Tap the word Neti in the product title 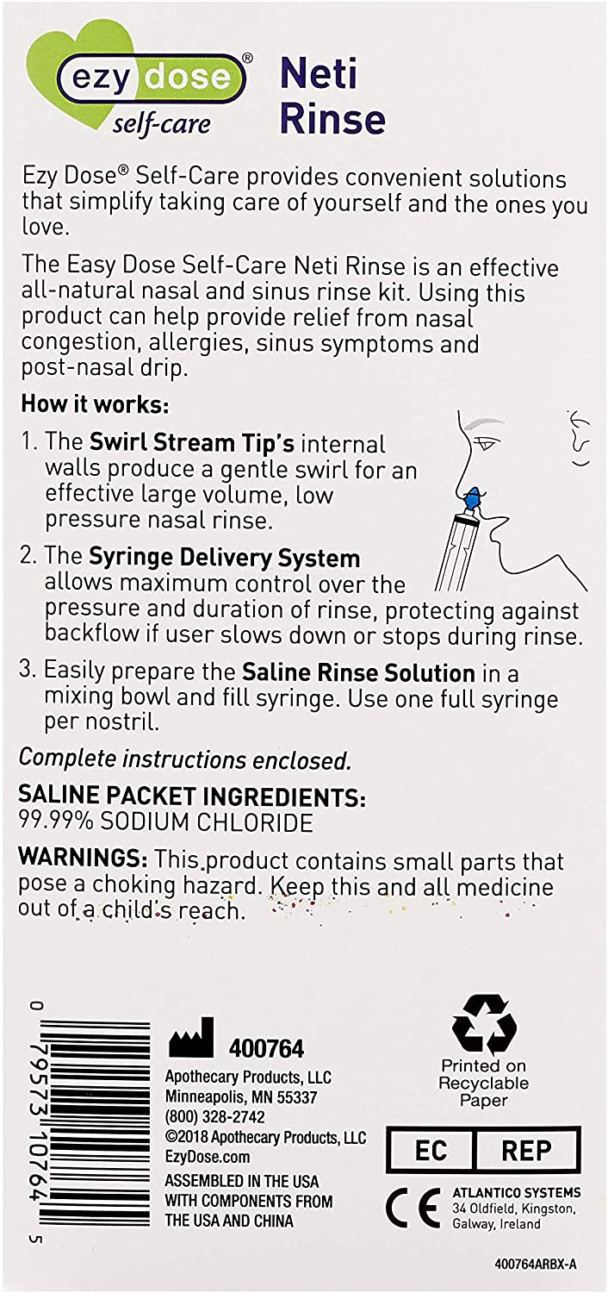(319, 74)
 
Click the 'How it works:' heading (95, 404)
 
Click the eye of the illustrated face (483, 445)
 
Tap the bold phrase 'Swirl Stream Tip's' (191, 443)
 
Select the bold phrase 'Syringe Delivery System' (224, 558)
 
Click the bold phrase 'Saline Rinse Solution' (358, 672)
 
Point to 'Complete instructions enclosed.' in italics (185, 759)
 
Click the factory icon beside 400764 (191, 1037)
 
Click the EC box (431, 1150)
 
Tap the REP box (526, 1150)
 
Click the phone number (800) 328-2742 (214, 1117)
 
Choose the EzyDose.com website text (207, 1157)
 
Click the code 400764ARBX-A (536, 1265)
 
